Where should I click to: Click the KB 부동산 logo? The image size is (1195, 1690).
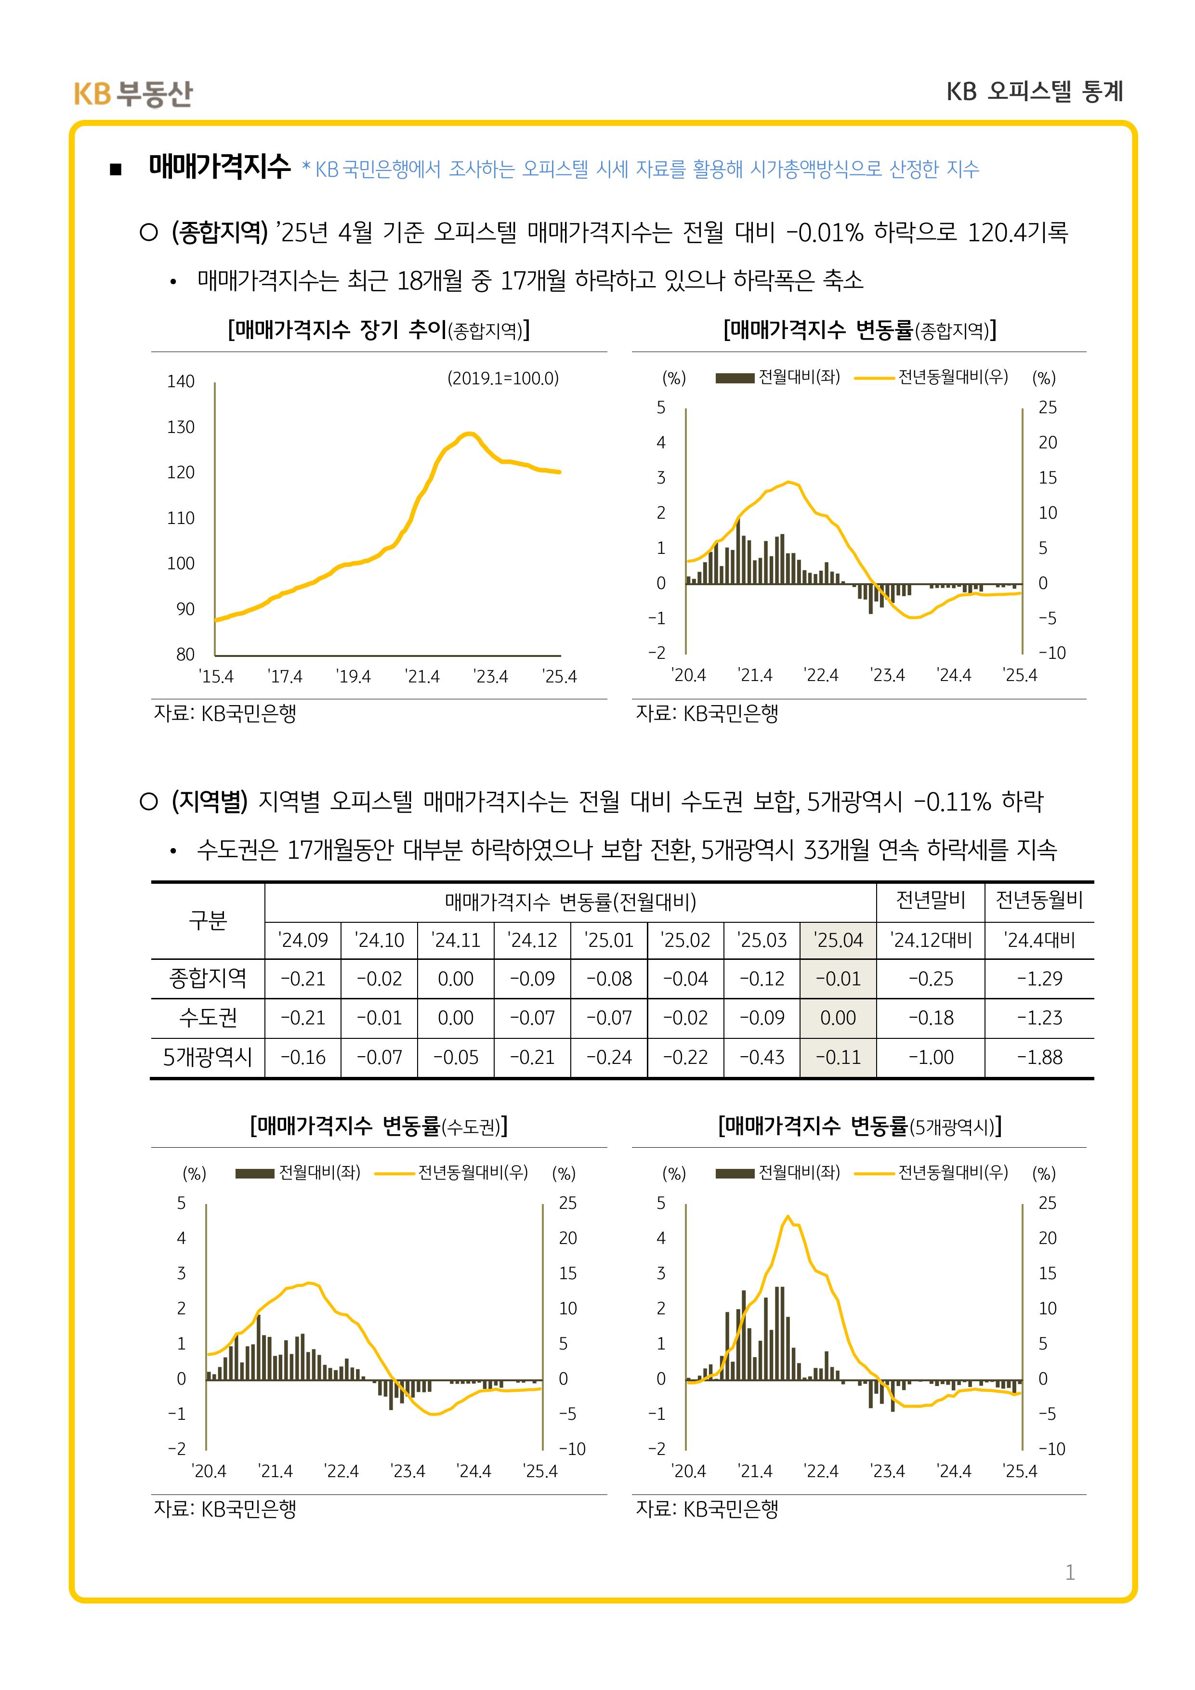[133, 93]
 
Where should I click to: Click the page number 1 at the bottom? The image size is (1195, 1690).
[1070, 1572]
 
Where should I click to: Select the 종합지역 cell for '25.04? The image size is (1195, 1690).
[838, 979]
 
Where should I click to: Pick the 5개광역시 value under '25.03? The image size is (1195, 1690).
[762, 1058]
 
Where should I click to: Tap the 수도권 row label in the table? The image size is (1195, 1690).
[208, 1018]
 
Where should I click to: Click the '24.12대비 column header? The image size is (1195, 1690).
[931, 940]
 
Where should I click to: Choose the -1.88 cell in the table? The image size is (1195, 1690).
[1039, 1058]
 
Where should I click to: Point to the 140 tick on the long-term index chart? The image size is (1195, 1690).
[181, 381]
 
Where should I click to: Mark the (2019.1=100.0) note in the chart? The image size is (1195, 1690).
[503, 379]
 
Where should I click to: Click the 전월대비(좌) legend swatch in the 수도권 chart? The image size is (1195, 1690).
[255, 1173]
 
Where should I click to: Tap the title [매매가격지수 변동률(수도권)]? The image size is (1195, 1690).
[379, 1126]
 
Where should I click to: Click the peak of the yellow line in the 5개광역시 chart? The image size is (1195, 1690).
[788, 1216]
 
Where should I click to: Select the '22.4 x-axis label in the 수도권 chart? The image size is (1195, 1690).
[341, 1471]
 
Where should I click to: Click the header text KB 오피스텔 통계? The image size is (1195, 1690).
[1035, 92]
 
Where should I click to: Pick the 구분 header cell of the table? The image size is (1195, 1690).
[208, 920]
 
